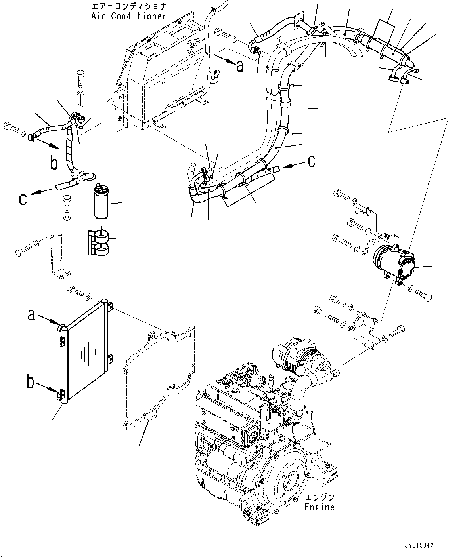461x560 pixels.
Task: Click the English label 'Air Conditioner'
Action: tap(128, 16)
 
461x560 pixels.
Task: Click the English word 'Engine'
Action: tap(319, 507)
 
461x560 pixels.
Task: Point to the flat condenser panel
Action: tap(85, 352)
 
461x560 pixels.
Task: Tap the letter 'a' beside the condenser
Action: tap(32, 315)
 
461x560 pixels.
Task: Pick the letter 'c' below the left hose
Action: tap(23, 199)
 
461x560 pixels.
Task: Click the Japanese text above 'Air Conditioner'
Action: tap(128, 7)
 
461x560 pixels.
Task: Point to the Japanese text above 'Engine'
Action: tap(319, 497)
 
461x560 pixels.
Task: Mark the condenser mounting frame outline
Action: tap(159, 376)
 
